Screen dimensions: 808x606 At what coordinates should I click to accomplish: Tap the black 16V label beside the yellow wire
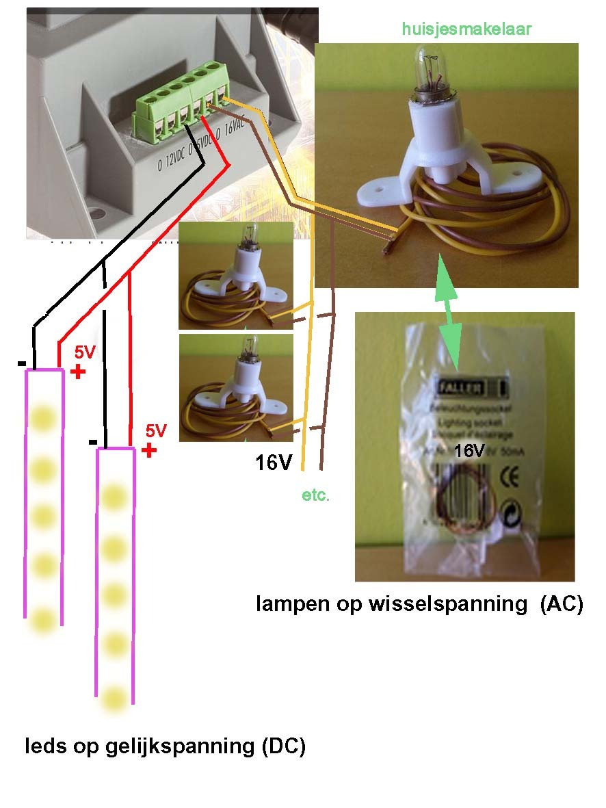(x=274, y=463)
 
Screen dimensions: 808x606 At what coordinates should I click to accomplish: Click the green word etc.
(x=315, y=495)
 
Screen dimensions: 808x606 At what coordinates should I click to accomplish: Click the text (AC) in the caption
(x=561, y=604)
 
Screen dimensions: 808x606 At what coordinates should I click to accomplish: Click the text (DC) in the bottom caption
(x=283, y=746)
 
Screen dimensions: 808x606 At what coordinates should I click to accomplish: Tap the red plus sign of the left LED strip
(x=78, y=372)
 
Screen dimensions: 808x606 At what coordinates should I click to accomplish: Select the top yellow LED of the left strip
(x=42, y=417)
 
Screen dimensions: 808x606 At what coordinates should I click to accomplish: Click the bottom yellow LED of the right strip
(x=114, y=698)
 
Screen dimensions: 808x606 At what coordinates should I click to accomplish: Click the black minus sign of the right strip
(x=92, y=442)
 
